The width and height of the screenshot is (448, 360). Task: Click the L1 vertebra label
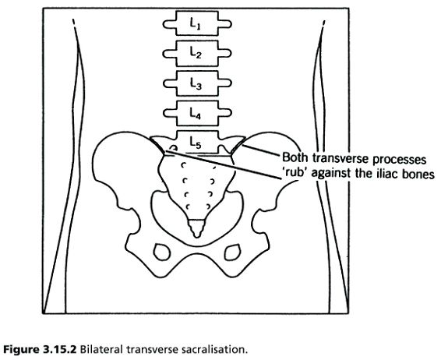pyautogui.click(x=196, y=23)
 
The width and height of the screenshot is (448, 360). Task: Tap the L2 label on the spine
pyautogui.click(x=196, y=53)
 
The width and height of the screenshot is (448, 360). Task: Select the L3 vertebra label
pyautogui.click(x=196, y=83)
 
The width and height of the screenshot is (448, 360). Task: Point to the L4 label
pyautogui.click(x=196, y=114)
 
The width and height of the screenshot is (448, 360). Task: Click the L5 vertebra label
pyautogui.click(x=196, y=143)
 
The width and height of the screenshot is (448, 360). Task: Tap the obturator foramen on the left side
pyautogui.click(x=162, y=252)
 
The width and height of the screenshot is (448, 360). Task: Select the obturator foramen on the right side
pyautogui.click(x=232, y=252)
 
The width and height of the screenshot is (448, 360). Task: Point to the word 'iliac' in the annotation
pyautogui.click(x=390, y=174)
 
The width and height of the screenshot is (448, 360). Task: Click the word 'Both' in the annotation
pyautogui.click(x=295, y=157)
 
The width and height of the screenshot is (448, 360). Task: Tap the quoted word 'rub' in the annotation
pyautogui.click(x=295, y=173)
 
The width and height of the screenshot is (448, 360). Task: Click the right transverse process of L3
pyautogui.click(x=225, y=83)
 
